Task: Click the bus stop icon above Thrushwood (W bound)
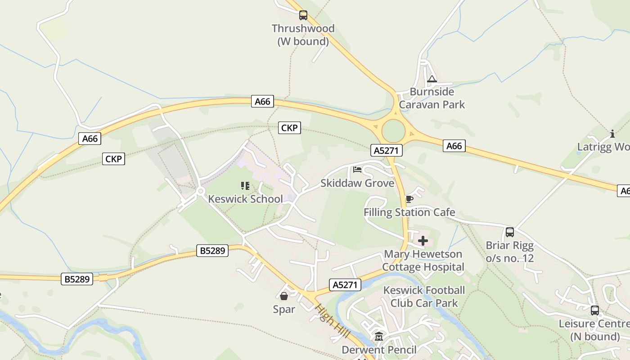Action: point(303,15)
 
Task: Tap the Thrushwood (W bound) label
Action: point(303,35)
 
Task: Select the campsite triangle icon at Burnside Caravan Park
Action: point(432,80)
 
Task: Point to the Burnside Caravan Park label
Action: point(432,98)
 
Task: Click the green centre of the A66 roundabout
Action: point(393,131)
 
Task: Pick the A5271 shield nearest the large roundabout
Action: point(386,150)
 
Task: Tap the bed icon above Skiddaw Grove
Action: point(357,170)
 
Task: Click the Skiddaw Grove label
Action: point(357,183)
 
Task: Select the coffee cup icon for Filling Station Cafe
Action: point(409,199)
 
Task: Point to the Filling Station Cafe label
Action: point(409,212)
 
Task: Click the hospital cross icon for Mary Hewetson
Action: point(423,241)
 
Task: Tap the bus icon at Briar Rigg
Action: point(510,232)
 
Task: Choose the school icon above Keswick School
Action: point(245,185)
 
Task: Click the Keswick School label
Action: point(246,199)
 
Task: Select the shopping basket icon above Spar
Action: point(284,296)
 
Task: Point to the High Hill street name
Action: point(333,322)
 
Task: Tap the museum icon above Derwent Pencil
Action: point(379,337)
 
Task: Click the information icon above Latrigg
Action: point(612,134)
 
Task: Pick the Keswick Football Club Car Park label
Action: point(424,297)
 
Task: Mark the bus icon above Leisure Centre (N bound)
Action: point(595,310)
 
